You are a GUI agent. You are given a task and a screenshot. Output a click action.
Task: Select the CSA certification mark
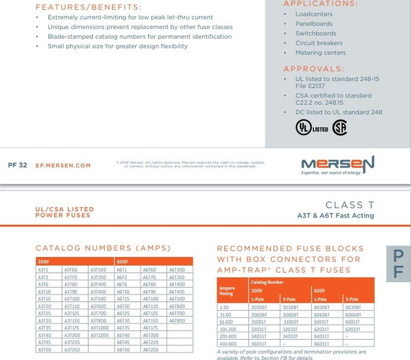tap(340, 128)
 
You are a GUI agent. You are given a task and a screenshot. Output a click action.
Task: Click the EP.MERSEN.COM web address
tap(63, 165)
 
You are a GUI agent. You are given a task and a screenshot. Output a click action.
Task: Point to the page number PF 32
tap(18, 165)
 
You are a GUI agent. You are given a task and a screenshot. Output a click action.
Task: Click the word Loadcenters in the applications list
tap(314, 14)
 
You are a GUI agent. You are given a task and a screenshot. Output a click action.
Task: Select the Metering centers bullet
tap(321, 53)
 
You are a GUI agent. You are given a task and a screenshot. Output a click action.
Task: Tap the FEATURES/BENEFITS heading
tap(88, 7)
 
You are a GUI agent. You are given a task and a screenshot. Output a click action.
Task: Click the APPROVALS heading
tap(314, 68)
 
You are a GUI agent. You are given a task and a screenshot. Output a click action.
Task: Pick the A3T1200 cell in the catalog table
tap(99, 335)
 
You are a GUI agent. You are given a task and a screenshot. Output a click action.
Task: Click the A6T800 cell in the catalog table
tap(176, 321)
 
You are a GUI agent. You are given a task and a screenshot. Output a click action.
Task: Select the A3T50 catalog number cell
tap(44, 349)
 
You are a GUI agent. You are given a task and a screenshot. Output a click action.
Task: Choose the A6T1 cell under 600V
tap(122, 270)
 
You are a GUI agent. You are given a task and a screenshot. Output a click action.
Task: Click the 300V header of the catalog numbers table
tap(44, 261)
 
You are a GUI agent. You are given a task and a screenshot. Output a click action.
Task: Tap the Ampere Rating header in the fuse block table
tap(227, 290)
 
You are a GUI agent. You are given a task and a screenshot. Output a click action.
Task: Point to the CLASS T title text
tap(350, 205)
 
